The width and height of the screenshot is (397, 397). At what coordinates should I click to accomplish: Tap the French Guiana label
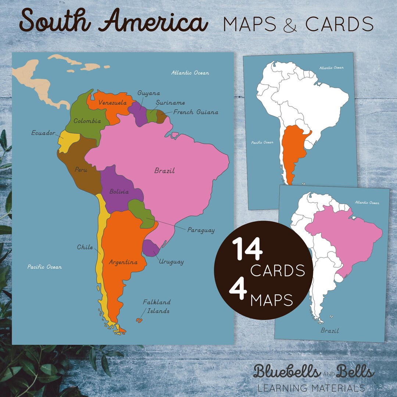[196, 112]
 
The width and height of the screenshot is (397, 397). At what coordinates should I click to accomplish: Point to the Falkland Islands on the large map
[139, 320]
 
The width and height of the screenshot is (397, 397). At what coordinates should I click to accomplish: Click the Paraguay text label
[201, 230]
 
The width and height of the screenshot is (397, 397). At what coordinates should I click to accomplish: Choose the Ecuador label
[43, 133]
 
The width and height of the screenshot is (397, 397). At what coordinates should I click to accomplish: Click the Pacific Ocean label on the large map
[44, 267]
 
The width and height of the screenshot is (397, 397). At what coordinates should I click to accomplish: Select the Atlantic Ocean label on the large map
[190, 73]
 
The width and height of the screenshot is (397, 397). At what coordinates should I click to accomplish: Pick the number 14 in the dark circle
[247, 250]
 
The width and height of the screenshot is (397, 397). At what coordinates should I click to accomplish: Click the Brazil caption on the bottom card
[329, 330]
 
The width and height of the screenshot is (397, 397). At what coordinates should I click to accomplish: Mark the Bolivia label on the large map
[119, 192]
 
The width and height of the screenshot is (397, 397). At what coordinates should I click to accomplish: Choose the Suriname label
[170, 103]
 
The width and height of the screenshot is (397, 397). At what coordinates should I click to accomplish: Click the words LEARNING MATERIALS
[311, 387]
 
